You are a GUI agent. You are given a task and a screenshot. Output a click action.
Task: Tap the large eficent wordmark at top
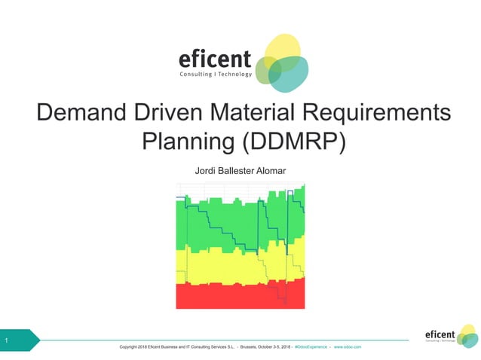(214, 59)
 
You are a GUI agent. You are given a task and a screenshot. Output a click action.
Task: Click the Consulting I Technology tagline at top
(215, 75)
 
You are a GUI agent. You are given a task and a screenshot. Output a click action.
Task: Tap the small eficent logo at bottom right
(450, 335)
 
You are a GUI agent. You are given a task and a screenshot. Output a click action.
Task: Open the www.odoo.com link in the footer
(348, 346)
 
